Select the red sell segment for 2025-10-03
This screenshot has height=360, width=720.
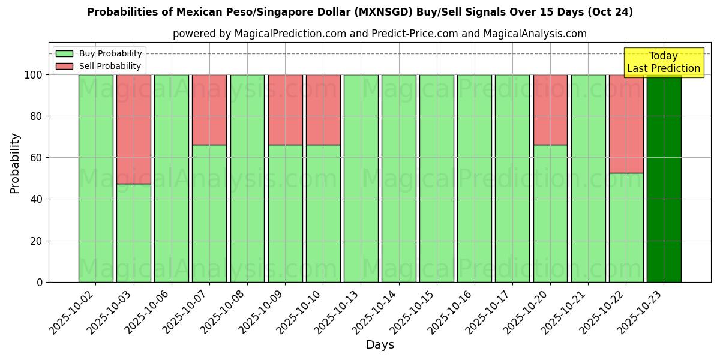coord(133,129)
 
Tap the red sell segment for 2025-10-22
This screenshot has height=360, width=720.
coord(626,124)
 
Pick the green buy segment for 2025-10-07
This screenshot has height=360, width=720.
coord(209,213)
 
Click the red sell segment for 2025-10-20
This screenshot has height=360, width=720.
coord(550,110)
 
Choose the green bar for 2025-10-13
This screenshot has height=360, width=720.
coord(361,178)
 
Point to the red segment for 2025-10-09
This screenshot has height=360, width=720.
coord(285,110)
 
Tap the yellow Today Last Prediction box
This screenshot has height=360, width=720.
coord(663,62)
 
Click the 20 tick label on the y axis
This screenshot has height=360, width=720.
coord(36,241)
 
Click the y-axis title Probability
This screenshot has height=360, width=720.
coord(15,163)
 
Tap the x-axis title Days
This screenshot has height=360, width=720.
coord(380,345)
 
